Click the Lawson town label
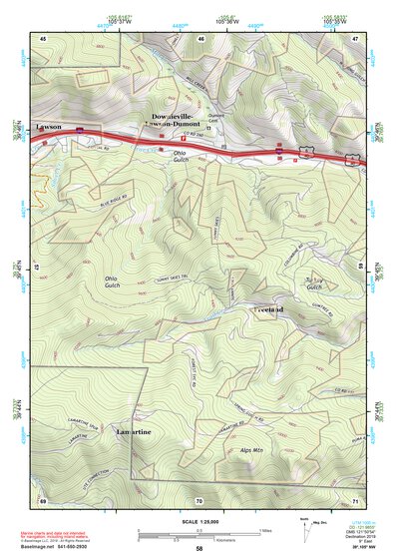click(x=48, y=128)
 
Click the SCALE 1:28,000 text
click(x=198, y=521)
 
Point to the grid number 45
click(x=44, y=36)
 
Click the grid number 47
click(x=354, y=36)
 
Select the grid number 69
click(x=44, y=499)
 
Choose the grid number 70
click(x=199, y=499)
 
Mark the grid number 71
click(x=354, y=499)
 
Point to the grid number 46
click(x=200, y=37)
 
